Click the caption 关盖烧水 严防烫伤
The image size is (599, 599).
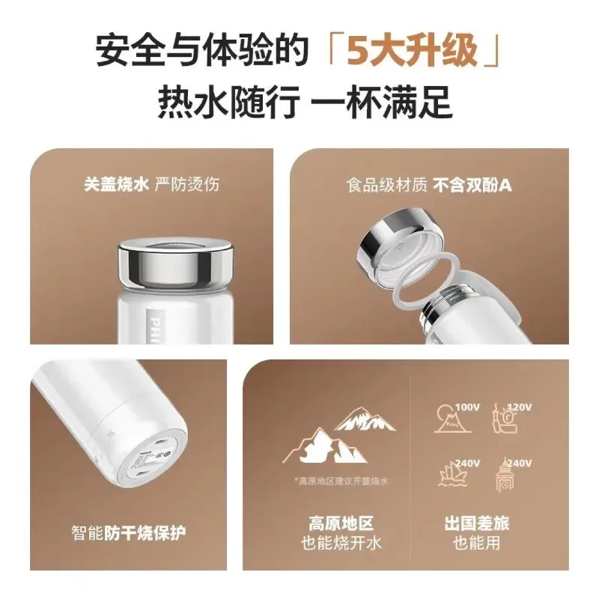click(153, 183)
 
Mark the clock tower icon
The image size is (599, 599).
click(506, 473)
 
